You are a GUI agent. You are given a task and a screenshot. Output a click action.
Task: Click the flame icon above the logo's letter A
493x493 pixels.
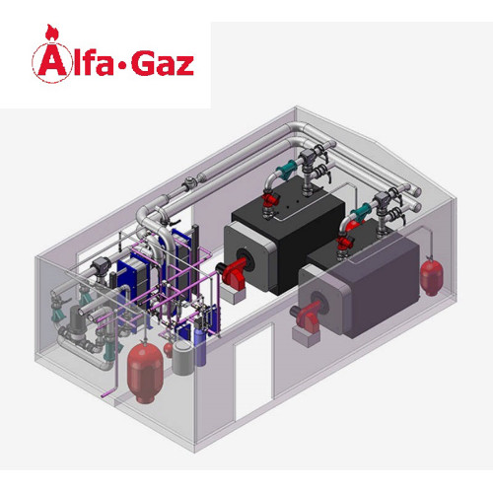tap(50, 33)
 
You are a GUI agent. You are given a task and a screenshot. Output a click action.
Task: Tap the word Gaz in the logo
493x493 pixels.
tap(163, 62)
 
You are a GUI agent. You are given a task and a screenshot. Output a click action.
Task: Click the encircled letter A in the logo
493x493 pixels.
tap(51, 63)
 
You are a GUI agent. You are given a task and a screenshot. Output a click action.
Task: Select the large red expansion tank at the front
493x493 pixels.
tap(145, 372)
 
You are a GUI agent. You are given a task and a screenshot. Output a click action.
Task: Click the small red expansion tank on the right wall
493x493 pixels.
tap(431, 275)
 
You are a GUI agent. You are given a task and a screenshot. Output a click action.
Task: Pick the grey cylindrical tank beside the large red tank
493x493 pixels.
tap(181, 358)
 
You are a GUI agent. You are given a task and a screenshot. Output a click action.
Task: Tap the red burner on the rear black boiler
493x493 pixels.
tap(234, 274)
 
